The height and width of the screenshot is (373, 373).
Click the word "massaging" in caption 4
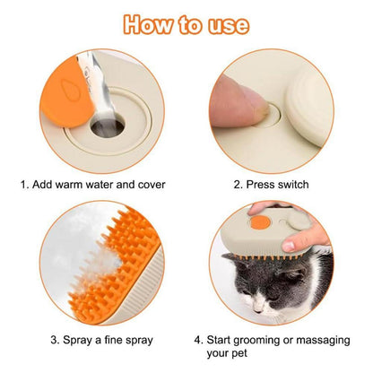coord(330,340)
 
